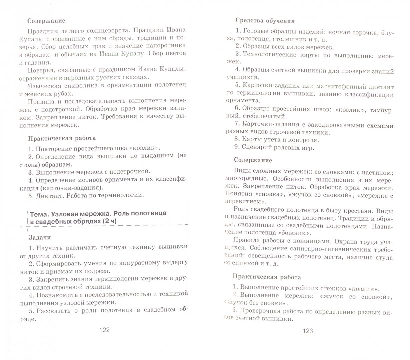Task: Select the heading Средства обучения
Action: point(265,21)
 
